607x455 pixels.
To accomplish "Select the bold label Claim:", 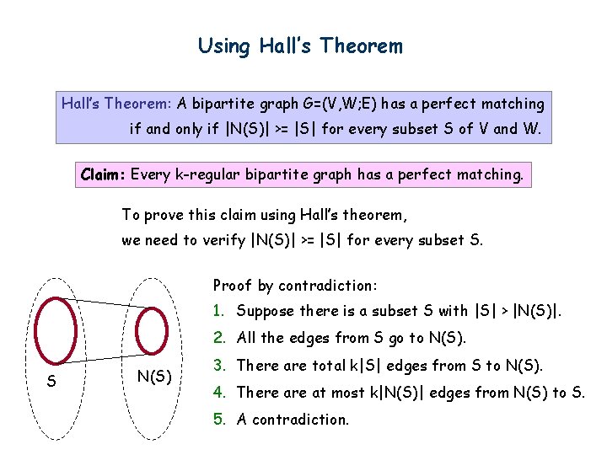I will click(x=104, y=175).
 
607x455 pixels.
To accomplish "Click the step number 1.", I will click(x=218, y=312).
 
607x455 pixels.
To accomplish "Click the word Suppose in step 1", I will click(x=264, y=312).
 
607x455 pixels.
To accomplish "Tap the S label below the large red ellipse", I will click(x=52, y=382).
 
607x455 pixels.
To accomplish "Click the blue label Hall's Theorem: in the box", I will click(x=115, y=104).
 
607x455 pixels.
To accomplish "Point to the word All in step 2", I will click(x=247, y=339).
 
